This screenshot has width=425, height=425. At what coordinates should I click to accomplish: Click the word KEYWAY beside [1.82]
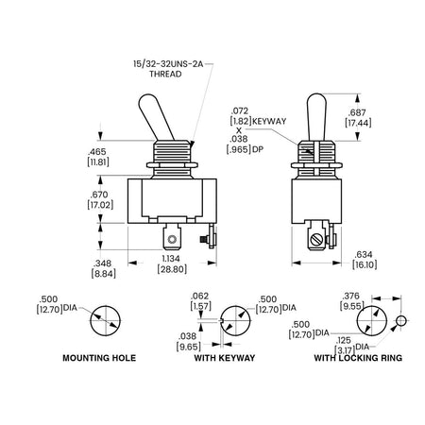click(269, 121)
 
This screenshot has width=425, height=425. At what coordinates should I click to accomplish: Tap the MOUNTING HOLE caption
click(99, 358)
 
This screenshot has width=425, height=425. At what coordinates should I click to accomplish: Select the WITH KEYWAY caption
click(225, 358)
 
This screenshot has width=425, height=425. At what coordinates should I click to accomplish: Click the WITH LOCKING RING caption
click(358, 358)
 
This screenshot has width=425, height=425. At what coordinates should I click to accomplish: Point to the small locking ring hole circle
click(400, 321)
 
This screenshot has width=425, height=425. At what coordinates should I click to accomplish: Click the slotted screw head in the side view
click(316, 240)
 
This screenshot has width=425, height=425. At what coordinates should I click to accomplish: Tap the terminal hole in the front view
click(172, 240)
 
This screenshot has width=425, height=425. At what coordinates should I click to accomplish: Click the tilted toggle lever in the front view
click(156, 117)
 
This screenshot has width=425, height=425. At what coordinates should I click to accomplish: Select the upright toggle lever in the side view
click(316, 117)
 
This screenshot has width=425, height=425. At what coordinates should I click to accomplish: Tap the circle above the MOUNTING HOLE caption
click(106, 306)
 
